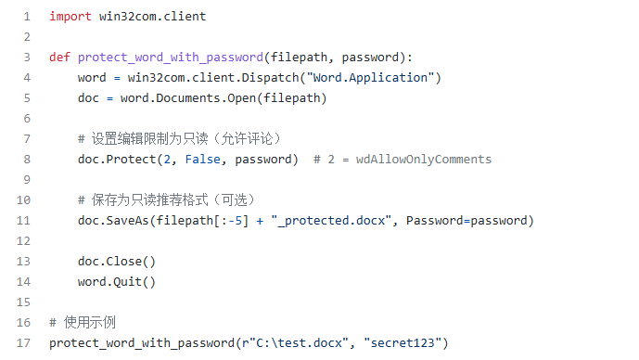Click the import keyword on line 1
tap(70, 17)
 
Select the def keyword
tap(60, 57)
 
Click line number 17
tap(23, 343)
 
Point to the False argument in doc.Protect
tap(202, 159)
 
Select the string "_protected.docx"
tap(330, 220)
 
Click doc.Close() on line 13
tap(117, 261)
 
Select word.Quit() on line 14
tap(117, 281)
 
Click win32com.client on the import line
tap(152, 17)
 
